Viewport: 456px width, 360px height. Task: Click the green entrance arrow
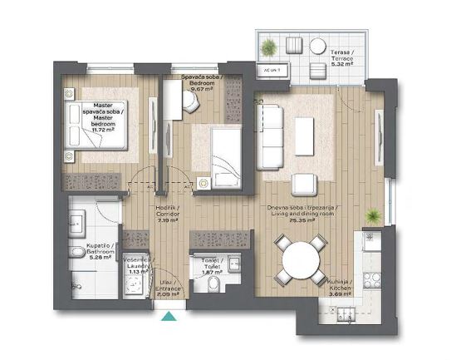click(170, 316)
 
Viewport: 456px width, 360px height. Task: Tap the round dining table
click(300, 261)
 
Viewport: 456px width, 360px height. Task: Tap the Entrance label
click(169, 288)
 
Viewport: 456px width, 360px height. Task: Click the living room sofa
click(270, 137)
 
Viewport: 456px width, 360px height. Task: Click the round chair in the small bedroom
click(192, 101)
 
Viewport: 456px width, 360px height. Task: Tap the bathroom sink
click(76, 223)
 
